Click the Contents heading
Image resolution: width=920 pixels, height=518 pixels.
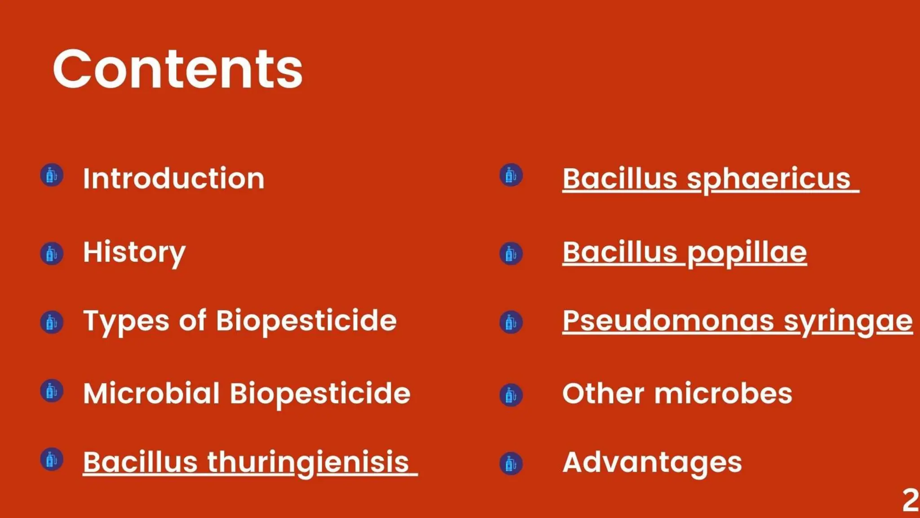178,70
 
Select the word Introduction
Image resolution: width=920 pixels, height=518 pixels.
174,179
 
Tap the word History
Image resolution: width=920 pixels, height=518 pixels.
134,253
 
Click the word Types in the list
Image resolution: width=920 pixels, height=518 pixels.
126,322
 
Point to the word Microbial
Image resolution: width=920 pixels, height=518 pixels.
151,393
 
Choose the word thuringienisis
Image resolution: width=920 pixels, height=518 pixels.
308,462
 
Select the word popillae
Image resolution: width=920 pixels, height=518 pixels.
747,253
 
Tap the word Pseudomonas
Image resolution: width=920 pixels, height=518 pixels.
668,321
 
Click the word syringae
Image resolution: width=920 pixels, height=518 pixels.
848,322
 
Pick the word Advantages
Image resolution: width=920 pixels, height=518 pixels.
652,463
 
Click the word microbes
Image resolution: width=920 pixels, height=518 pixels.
723,394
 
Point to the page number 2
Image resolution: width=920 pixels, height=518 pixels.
910,500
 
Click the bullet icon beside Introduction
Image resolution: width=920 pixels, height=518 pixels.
52,175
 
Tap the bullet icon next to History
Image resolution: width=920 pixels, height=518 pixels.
52,254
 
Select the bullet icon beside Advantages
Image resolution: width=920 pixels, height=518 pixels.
511,464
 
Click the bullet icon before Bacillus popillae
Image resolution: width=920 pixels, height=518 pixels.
511,254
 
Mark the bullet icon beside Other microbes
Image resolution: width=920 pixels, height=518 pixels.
511,395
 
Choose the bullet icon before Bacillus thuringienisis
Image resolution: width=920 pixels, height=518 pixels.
52,460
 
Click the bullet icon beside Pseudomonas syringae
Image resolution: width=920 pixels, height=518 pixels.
511,322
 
